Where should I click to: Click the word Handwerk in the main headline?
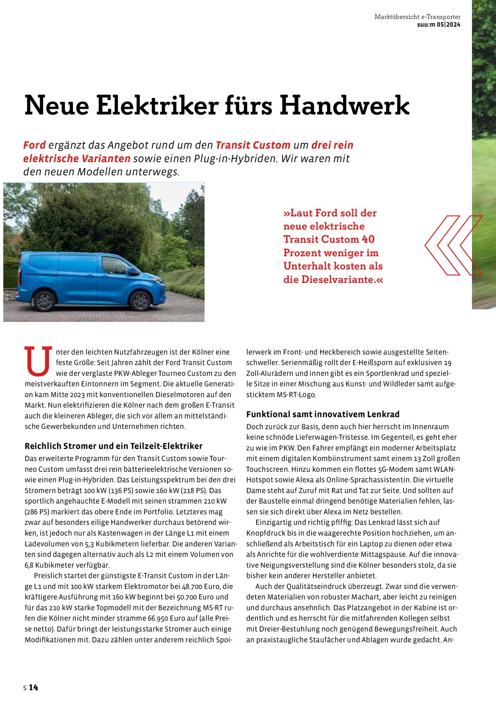pyautogui.click(x=345, y=106)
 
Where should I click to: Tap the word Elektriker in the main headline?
pyautogui.click(x=157, y=106)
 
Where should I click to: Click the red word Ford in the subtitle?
pyautogui.click(x=34, y=145)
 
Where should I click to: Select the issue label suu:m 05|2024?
pyautogui.click(x=438, y=25)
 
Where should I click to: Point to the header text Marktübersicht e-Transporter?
pyautogui.click(x=417, y=17)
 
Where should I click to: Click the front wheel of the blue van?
pyautogui.click(x=140, y=301)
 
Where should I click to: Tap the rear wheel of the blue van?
pyautogui.click(x=44, y=301)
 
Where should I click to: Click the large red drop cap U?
pyautogui.click(x=38, y=361)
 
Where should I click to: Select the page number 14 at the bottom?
pyautogui.click(x=34, y=687)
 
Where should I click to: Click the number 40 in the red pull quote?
pyautogui.click(x=368, y=239)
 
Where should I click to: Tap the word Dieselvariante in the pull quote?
pyautogui.click(x=337, y=279)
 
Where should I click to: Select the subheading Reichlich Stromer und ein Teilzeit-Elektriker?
pyautogui.click(x=113, y=446)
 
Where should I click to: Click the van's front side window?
pyautogui.click(x=115, y=265)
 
